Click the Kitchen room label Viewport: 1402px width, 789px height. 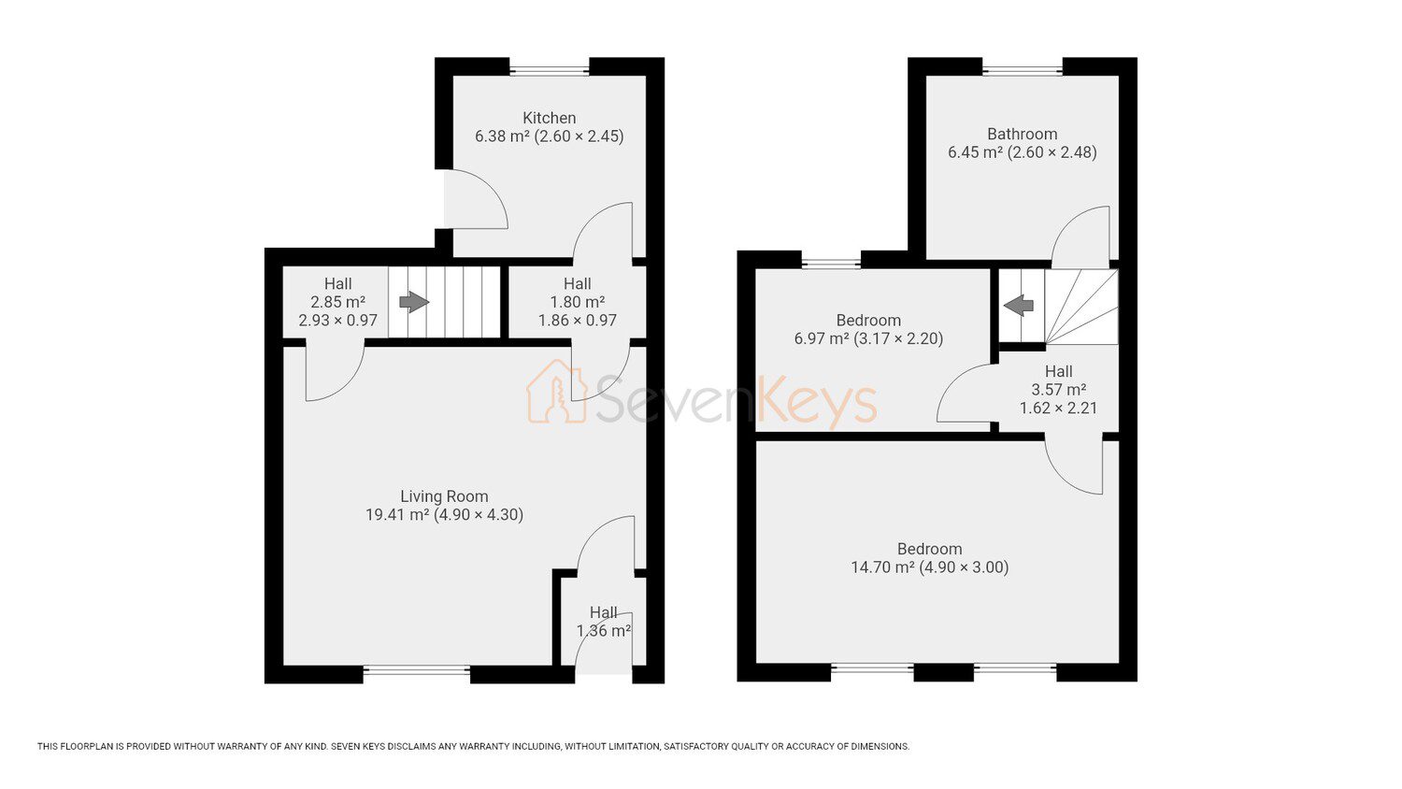coord(549,118)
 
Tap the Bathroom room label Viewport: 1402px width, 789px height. coord(1023,134)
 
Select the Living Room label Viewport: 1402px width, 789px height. coord(444,496)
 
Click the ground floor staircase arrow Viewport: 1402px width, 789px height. coord(414,302)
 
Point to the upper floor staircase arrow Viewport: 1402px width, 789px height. coord(1019,306)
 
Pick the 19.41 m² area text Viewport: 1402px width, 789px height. coord(397,515)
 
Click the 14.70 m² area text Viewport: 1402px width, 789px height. coord(882,567)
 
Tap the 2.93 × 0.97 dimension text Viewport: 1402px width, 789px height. coord(338,321)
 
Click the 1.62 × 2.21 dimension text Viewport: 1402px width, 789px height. coord(1058,409)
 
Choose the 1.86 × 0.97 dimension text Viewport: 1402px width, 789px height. coord(577,320)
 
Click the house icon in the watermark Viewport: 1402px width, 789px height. coord(557,392)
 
